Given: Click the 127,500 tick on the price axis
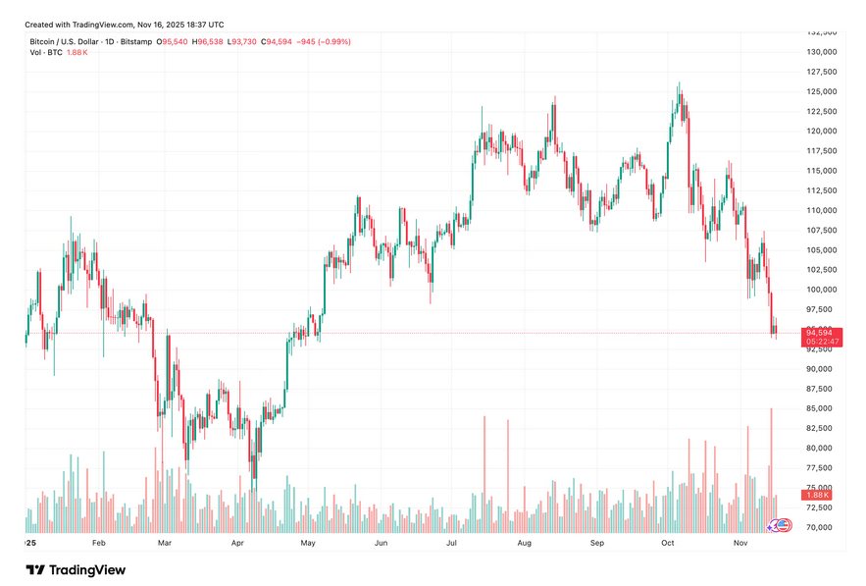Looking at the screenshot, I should click(x=821, y=72).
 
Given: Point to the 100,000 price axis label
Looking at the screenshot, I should click(x=821, y=290).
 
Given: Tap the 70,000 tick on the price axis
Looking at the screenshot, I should click(x=821, y=527).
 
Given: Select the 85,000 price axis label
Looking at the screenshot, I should click(x=821, y=408).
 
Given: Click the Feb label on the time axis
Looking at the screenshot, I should click(x=98, y=542).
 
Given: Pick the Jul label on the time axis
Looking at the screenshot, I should click(x=452, y=542).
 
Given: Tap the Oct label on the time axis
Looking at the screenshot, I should click(x=668, y=542).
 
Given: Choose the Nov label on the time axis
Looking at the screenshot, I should click(x=740, y=542).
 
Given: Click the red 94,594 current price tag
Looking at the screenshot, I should click(x=819, y=334).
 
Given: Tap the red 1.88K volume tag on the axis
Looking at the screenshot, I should click(x=818, y=496).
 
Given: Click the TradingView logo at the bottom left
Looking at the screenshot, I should click(x=76, y=569).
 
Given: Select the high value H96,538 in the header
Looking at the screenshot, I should click(x=207, y=41).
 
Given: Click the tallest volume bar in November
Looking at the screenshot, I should click(x=771, y=461).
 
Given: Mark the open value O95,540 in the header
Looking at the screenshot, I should click(x=174, y=41).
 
